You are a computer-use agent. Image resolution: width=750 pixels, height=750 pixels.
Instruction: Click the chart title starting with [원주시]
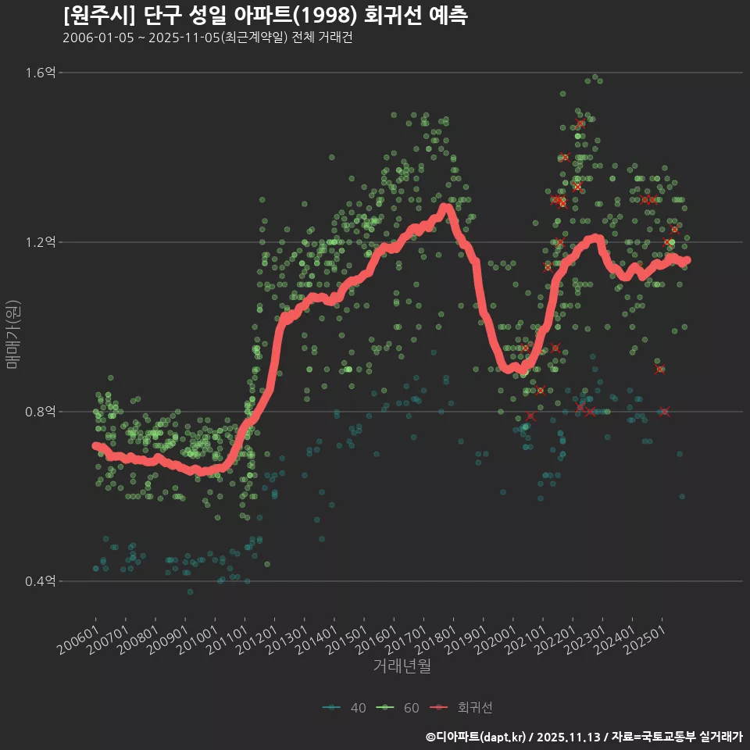pos(266,15)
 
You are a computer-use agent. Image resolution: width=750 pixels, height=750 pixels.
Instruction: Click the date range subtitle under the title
pos(207,37)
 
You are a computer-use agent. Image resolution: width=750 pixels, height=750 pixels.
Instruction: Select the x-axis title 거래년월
pos(402,666)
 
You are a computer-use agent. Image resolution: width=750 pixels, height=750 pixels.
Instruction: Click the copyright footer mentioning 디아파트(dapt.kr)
pos(584,737)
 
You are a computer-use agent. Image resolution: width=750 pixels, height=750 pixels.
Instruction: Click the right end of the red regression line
pos(687,260)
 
